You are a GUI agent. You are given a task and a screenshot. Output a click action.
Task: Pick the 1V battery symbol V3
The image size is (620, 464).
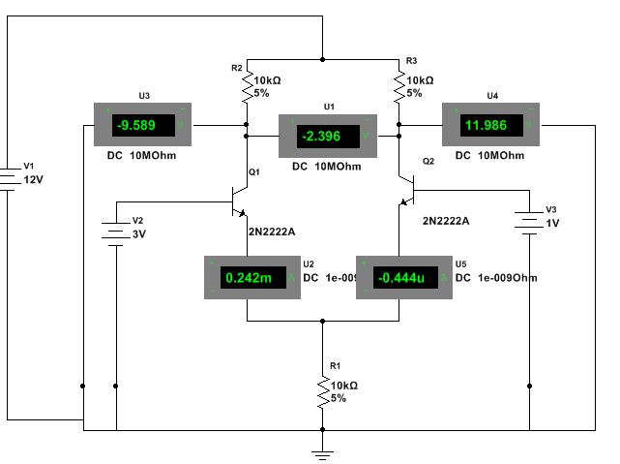pyautogui.click(x=529, y=222)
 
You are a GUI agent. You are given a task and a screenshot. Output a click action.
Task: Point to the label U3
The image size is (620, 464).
pyautogui.click(x=143, y=96)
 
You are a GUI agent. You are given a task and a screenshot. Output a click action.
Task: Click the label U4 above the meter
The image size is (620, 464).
pyautogui.click(x=492, y=96)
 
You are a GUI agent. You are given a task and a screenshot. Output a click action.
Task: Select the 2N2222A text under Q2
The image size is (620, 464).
pyautogui.click(x=445, y=221)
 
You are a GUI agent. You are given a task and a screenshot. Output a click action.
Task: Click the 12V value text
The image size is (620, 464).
pyautogui.click(x=34, y=180)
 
